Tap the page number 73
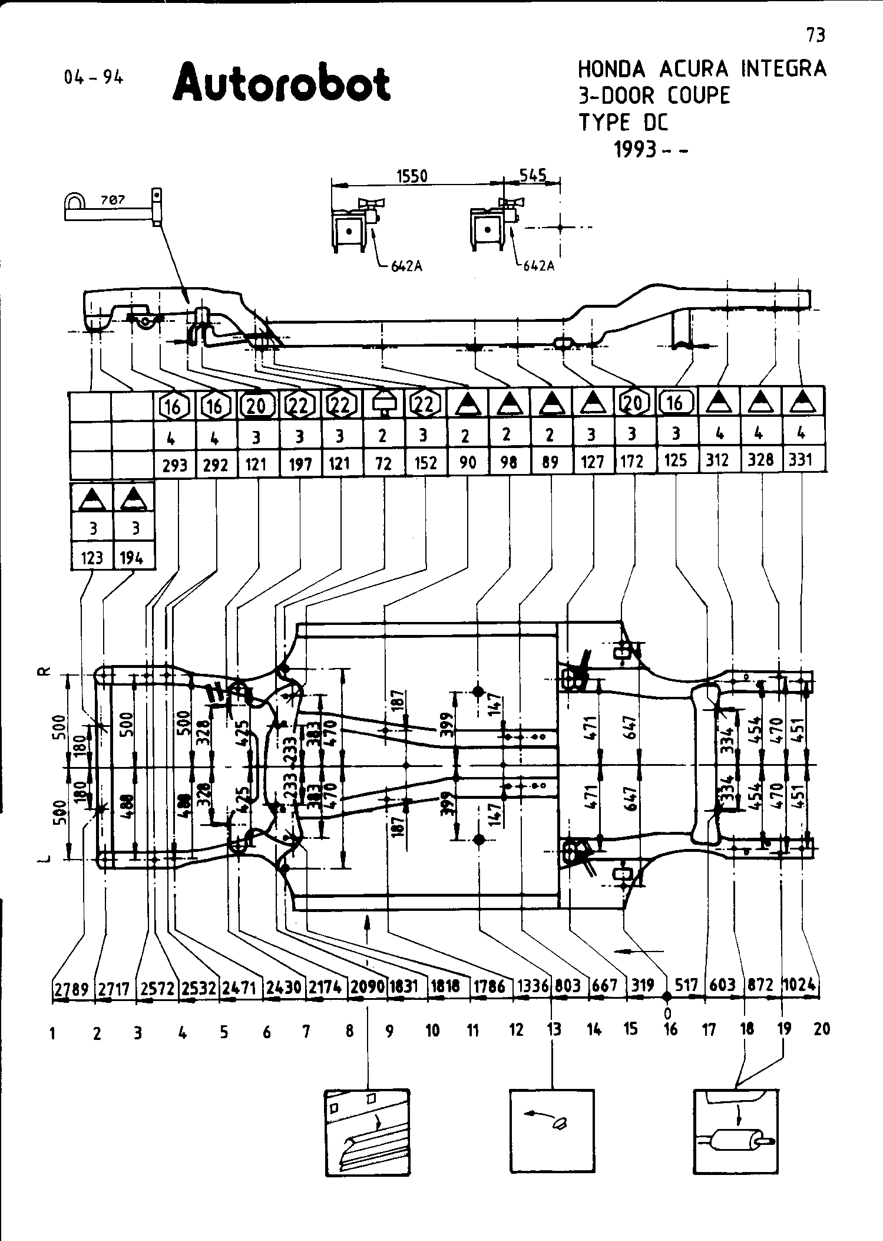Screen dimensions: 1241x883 (816, 36)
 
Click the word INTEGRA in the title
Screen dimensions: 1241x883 (783, 69)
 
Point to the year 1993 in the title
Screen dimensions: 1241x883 (635, 150)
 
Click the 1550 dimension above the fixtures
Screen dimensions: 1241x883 (412, 176)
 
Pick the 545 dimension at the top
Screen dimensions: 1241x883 (533, 175)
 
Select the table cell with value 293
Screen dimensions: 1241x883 (174, 465)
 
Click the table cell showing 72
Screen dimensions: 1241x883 (383, 464)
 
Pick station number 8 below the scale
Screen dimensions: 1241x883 (349, 1031)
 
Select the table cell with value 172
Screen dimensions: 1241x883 (632, 461)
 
